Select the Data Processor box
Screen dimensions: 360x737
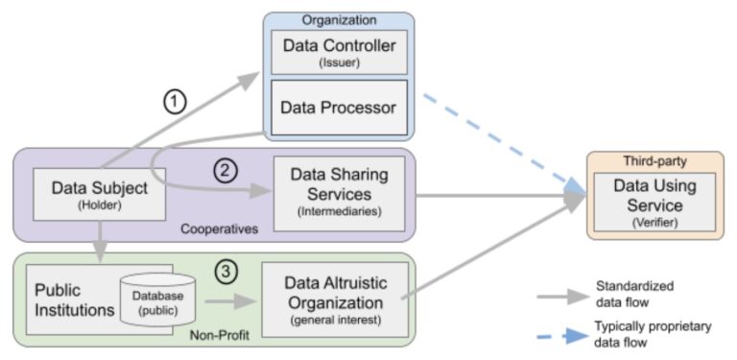coord(338,108)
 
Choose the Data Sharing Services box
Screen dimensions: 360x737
coord(339,192)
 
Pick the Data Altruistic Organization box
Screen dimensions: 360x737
coord(335,299)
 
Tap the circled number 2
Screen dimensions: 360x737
coord(224,172)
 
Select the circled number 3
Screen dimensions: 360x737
coord(226,272)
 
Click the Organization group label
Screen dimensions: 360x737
coord(338,20)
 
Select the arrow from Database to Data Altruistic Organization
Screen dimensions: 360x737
coord(233,300)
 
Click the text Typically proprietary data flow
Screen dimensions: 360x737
coord(654,334)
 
